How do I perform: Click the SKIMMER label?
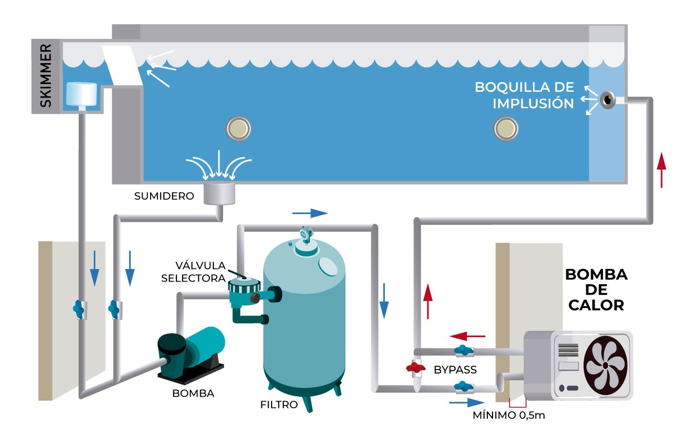click(46, 76)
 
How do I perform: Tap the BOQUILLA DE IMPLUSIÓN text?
click(525, 95)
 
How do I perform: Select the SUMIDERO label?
click(164, 196)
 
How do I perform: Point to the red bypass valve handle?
click(415, 368)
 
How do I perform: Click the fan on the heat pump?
click(605, 364)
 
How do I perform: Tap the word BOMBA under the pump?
click(193, 393)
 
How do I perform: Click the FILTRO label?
click(279, 405)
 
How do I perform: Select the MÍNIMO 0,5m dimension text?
click(509, 415)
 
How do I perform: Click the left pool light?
click(238, 129)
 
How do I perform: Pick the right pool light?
click(506, 129)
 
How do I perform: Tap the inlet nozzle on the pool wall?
click(607, 100)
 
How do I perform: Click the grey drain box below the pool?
click(219, 193)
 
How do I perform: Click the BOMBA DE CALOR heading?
click(596, 290)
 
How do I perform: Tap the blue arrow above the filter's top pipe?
click(310, 213)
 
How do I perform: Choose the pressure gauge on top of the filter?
click(306, 234)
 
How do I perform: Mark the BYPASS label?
click(455, 370)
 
